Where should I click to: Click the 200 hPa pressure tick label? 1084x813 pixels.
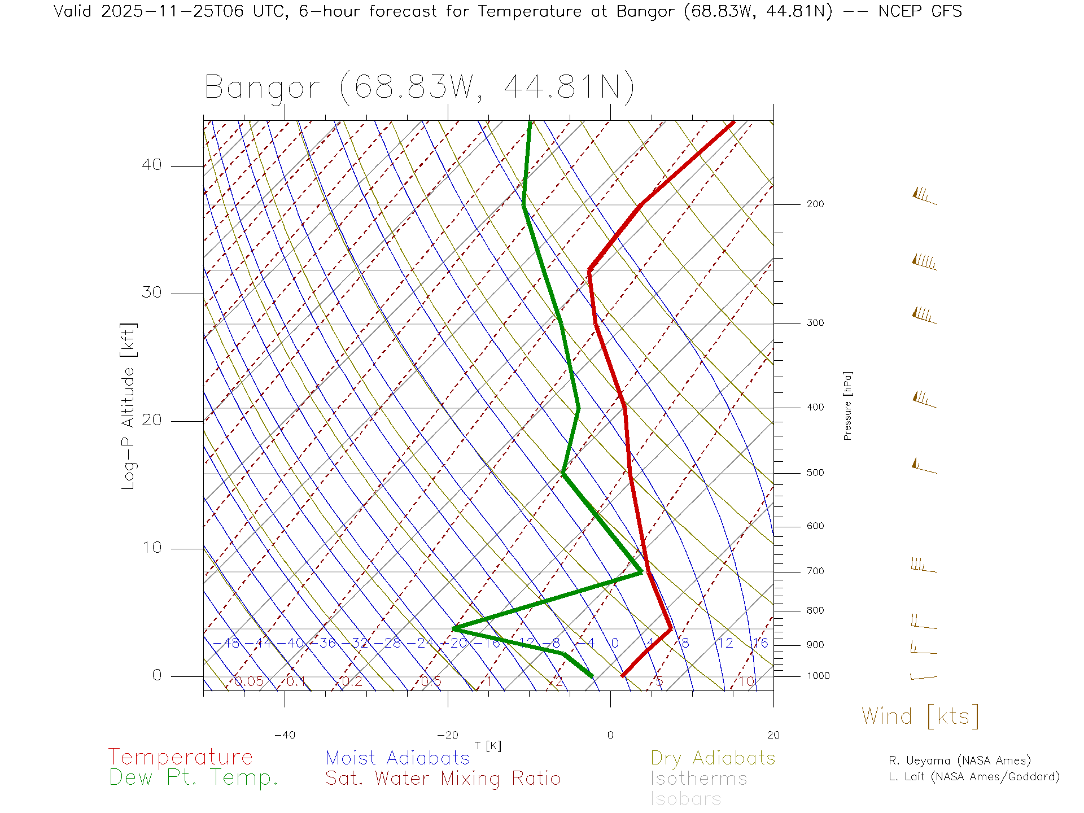click(815, 204)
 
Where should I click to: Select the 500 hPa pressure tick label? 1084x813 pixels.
click(815, 473)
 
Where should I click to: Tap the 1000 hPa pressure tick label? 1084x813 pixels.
click(818, 676)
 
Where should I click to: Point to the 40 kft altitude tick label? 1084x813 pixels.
click(151, 165)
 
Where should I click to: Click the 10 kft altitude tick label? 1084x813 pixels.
click(151, 548)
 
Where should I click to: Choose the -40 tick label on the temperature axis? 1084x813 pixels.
click(285, 735)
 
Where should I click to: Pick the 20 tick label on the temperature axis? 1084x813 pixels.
click(773, 735)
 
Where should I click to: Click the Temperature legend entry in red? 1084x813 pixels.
click(181, 757)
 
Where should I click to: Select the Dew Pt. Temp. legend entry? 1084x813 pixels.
click(194, 778)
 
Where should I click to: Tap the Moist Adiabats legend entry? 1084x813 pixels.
click(398, 758)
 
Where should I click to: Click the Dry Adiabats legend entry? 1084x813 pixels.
click(713, 758)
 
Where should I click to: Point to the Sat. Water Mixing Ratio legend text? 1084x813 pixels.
click(443, 779)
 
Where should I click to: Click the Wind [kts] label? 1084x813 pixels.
click(920, 716)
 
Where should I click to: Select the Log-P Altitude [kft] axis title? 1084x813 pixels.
click(129, 406)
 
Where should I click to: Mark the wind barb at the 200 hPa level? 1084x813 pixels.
click(924, 197)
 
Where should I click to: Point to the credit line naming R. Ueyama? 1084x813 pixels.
click(960, 760)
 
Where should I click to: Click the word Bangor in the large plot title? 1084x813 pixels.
click(263, 88)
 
